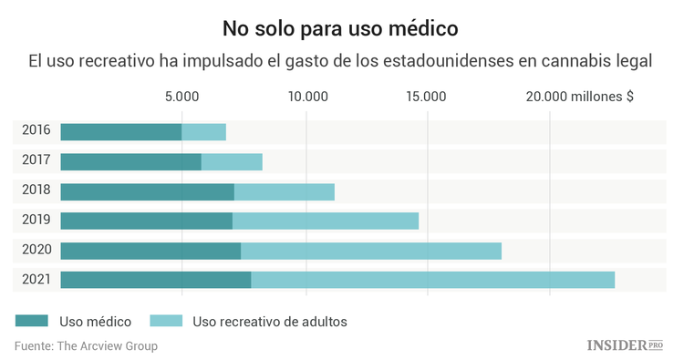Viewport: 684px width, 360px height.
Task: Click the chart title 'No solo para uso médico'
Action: pyautogui.click(x=341, y=27)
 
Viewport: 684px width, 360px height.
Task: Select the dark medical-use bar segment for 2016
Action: pyautogui.click(x=120, y=132)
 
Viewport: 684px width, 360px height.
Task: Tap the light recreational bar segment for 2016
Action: pyautogui.click(x=203, y=132)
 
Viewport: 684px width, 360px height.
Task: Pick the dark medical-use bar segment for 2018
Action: pyautogui.click(x=147, y=191)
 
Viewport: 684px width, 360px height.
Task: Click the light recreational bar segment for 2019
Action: pyautogui.click(x=325, y=221)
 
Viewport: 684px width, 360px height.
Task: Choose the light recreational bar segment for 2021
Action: pyautogui.click(x=432, y=280)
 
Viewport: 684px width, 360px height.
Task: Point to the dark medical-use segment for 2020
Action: pyautogui.click(x=150, y=251)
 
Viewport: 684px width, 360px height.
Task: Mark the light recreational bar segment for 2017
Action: pyautogui.click(x=232, y=162)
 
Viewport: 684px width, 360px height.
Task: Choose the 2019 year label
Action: pyautogui.click(x=36, y=221)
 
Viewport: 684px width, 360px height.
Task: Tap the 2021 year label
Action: pyautogui.click(x=36, y=280)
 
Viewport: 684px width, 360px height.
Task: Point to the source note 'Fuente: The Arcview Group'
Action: pyautogui.click(x=86, y=346)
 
